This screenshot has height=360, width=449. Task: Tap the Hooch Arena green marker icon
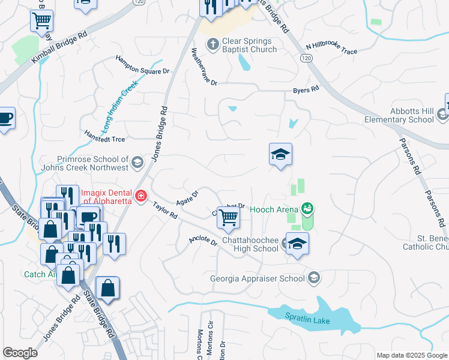pos(308,208)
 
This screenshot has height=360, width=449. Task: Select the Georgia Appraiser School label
pos(257,278)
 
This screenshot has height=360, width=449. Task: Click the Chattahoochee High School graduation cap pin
pos(297,244)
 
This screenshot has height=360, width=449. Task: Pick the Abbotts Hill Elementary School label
pos(399,115)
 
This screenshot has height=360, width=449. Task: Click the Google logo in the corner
pos(20,353)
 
